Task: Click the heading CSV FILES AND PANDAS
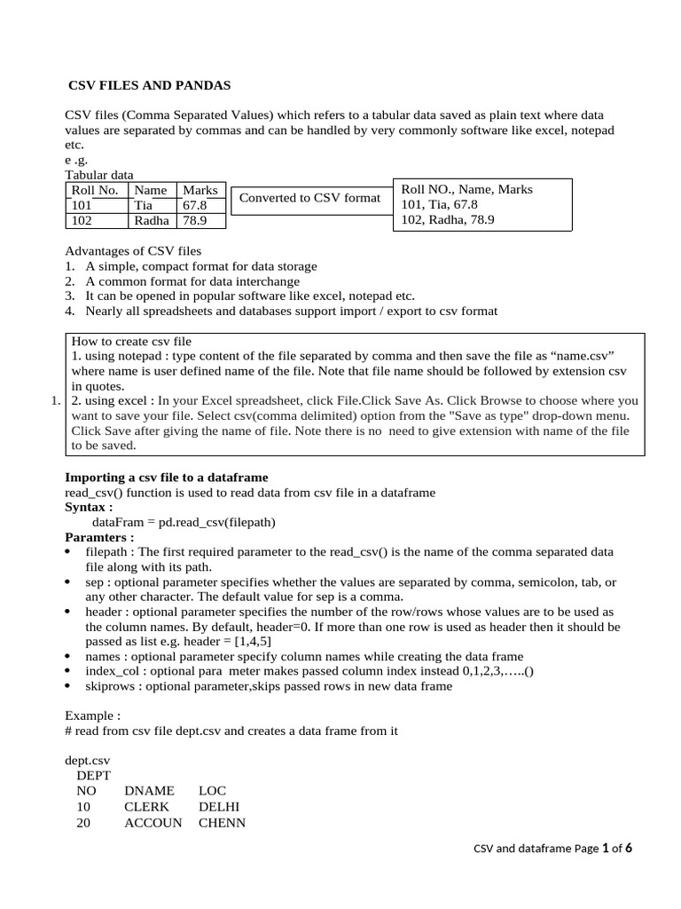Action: coord(150,85)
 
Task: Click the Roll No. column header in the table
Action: coord(94,190)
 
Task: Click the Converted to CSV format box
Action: coord(309,197)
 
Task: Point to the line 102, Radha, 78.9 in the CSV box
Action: coord(448,220)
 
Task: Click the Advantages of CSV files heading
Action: coord(133,251)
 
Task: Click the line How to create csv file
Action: coord(131,341)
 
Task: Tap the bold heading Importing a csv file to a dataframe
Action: coord(167,478)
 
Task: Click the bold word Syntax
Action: coord(89,507)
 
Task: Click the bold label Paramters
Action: coord(99,537)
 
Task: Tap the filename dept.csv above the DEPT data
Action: coord(88,761)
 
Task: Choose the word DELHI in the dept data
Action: coord(219,807)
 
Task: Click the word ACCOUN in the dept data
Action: coord(153,822)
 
